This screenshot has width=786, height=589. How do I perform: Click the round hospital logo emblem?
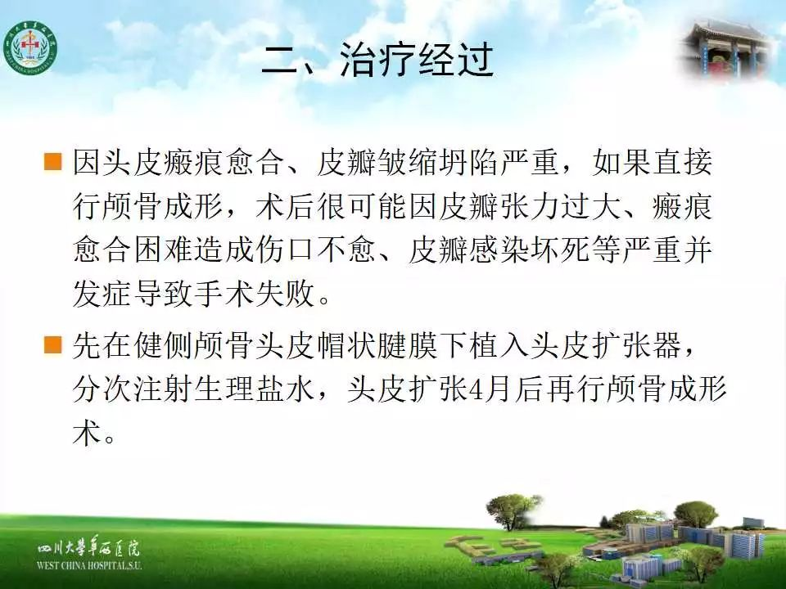click(29, 48)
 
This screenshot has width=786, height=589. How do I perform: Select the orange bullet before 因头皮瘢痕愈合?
click(52, 162)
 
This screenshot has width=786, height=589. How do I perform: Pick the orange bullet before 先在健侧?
click(52, 345)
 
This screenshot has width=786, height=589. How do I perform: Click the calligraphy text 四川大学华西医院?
click(88, 548)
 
